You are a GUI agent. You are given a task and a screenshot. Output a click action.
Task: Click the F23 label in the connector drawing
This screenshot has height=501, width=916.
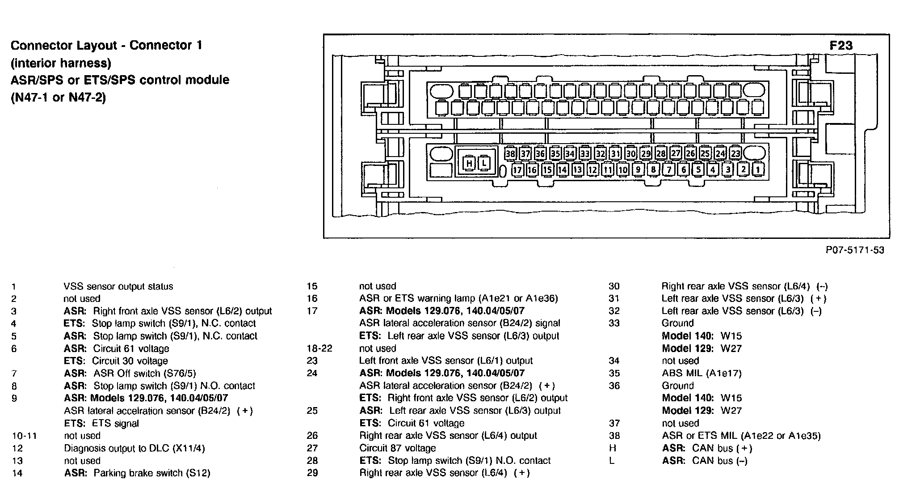(x=841, y=46)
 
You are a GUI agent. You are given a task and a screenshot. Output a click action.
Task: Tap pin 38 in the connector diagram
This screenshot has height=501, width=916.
(x=510, y=154)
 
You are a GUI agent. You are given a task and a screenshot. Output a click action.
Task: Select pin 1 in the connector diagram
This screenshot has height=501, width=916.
(x=758, y=170)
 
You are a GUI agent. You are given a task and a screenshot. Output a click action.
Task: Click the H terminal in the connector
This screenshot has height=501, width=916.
(x=469, y=163)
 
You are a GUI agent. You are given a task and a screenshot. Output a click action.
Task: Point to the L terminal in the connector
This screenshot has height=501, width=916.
(x=484, y=163)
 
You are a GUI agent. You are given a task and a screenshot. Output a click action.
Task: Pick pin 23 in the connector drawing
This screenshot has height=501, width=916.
(x=735, y=154)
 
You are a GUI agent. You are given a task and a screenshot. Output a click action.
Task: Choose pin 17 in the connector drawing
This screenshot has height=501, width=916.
(x=517, y=170)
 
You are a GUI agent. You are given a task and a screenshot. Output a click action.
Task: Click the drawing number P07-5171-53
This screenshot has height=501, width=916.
(x=855, y=250)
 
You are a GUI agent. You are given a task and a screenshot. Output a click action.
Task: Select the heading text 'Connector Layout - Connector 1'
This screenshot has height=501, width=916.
(x=106, y=45)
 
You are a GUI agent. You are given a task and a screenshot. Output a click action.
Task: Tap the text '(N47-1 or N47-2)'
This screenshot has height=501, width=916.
(x=58, y=97)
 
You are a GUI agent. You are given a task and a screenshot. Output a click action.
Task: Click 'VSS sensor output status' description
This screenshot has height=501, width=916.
(x=118, y=286)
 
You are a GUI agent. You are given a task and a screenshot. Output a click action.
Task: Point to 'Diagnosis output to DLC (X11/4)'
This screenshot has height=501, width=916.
(x=134, y=448)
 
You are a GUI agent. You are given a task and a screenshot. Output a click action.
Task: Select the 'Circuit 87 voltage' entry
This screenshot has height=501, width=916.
(x=397, y=448)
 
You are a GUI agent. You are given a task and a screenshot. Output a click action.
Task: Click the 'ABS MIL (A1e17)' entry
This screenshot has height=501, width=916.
(x=701, y=373)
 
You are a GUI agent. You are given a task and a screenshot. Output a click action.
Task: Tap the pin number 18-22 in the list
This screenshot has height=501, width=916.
(x=319, y=348)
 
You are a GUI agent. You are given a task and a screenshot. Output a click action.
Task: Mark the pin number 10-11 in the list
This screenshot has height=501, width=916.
(x=25, y=436)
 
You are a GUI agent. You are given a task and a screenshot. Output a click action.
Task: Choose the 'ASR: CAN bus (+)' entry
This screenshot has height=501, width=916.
(x=707, y=448)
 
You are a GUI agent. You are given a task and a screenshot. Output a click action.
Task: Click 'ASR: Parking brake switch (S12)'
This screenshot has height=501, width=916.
(x=137, y=473)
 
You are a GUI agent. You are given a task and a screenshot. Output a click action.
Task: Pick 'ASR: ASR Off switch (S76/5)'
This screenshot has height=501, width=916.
(x=130, y=373)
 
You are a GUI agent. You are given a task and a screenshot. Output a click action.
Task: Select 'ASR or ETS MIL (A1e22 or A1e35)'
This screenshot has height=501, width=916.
(x=741, y=436)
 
